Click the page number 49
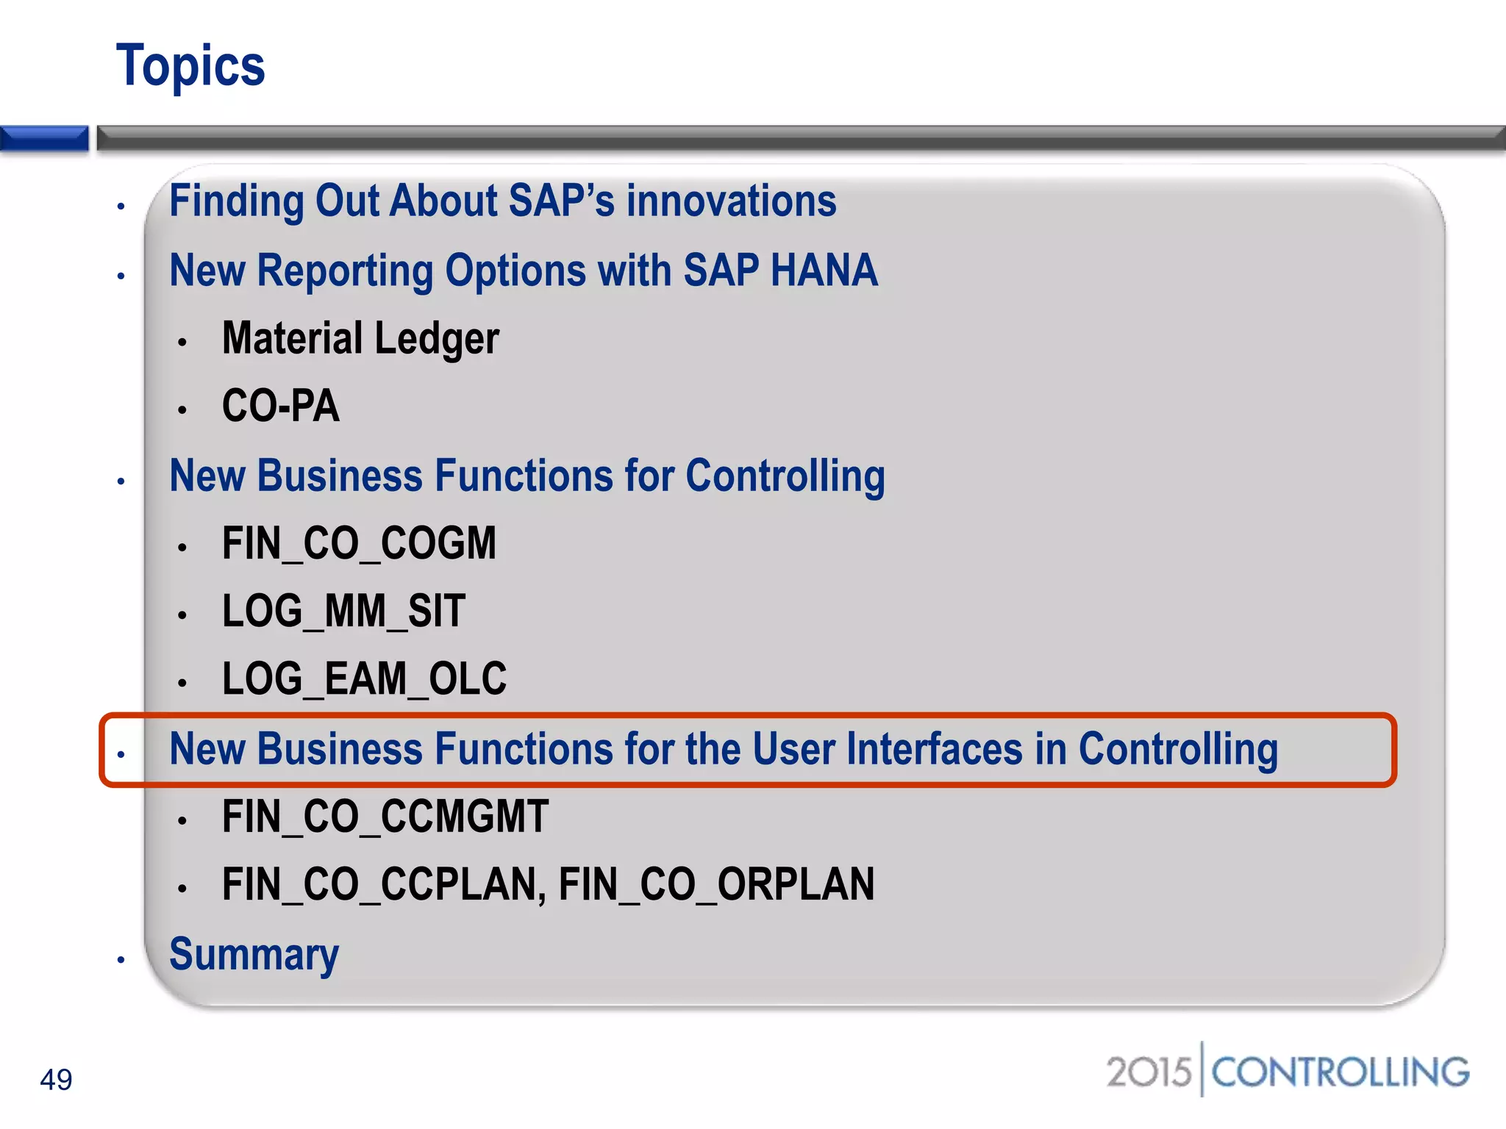[x=56, y=1080]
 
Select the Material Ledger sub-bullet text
[x=360, y=339]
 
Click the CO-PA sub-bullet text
[x=281, y=406]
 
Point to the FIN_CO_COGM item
[x=359, y=544]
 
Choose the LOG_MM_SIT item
[x=343, y=612]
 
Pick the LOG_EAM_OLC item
[x=364, y=678]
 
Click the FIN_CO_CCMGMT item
[x=385, y=817]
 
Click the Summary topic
[x=254, y=954]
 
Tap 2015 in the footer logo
[x=1148, y=1072]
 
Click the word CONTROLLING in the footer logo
[x=1340, y=1072]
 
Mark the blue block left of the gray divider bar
[x=44, y=139]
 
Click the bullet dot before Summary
[x=121, y=960]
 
